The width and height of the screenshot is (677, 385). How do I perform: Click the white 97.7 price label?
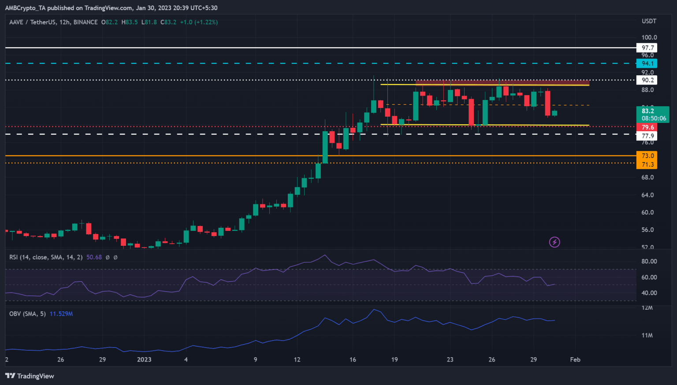[x=647, y=48]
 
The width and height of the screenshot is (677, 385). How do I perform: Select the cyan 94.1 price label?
[x=647, y=63]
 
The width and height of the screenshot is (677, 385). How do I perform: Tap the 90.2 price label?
[x=647, y=80]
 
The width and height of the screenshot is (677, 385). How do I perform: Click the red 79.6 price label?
[x=647, y=127]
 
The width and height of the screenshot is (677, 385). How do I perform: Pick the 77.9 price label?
[x=647, y=136]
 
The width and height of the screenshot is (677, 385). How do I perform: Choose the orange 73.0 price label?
[x=647, y=156]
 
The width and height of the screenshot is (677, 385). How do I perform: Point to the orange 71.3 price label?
[x=647, y=164]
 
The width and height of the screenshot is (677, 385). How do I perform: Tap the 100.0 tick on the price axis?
[x=649, y=37]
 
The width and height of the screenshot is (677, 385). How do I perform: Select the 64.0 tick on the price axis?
[x=647, y=195]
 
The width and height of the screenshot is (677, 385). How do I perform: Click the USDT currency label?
[x=649, y=21]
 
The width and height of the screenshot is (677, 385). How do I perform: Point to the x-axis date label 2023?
[x=144, y=359]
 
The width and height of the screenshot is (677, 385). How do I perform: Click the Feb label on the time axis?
[x=575, y=359]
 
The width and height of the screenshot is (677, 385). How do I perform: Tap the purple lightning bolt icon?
[x=554, y=242]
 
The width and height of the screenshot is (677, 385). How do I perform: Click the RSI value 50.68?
[x=94, y=257]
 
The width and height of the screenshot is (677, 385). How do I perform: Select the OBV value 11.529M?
[x=61, y=314]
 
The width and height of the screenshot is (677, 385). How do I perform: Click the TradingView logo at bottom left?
[x=30, y=376]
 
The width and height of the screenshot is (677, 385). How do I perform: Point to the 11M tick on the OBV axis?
[x=647, y=335]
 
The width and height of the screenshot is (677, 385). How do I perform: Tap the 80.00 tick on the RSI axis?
[x=649, y=261]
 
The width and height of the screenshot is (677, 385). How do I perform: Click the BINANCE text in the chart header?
[x=86, y=22]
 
